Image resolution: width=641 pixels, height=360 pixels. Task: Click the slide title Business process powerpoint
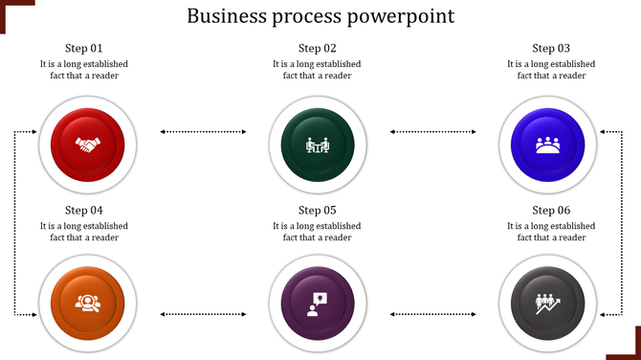click(x=320, y=16)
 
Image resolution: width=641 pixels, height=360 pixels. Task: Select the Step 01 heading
click(x=84, y=48)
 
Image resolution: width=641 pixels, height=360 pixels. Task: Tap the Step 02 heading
click(x=318, y=48)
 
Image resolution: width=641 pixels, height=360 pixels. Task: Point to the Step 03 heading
click(x=551, y=48)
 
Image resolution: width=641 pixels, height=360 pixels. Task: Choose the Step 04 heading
click(x=84, y=210)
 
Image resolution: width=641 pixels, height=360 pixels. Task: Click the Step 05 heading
click(x=318, y=210)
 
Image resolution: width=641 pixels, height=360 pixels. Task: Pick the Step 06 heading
click(x=551, y=210)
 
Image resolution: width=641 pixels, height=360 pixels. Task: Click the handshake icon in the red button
click(x=88, y=146)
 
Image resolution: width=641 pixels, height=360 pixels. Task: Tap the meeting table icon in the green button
click(x=317, y=146)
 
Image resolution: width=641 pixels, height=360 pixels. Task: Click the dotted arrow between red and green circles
click(x=203, y=131)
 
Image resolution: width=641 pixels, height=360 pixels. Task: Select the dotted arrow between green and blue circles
click(x=434, y=131)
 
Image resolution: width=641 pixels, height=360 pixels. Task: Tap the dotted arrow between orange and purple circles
click(x=203, y=313)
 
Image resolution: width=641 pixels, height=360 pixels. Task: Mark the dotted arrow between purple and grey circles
click(x=434, y=313)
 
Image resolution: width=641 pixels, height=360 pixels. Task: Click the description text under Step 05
click(x=317, y=232)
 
